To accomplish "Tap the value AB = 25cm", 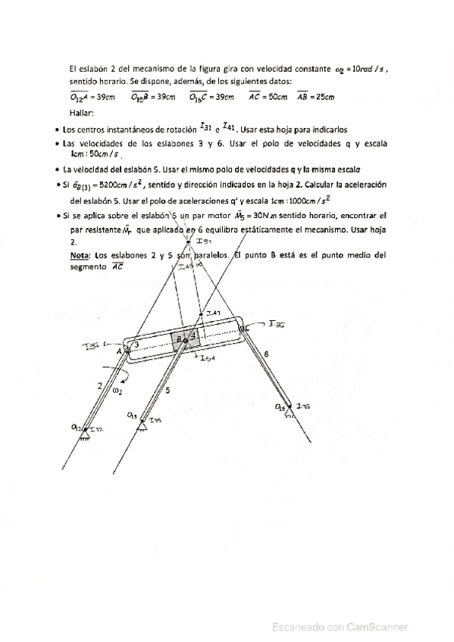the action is pos(316,97).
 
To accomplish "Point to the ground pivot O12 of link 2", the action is pos(83,429).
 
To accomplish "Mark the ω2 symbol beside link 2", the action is pos(116,392).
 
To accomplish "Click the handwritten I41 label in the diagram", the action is pos(213,313).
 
